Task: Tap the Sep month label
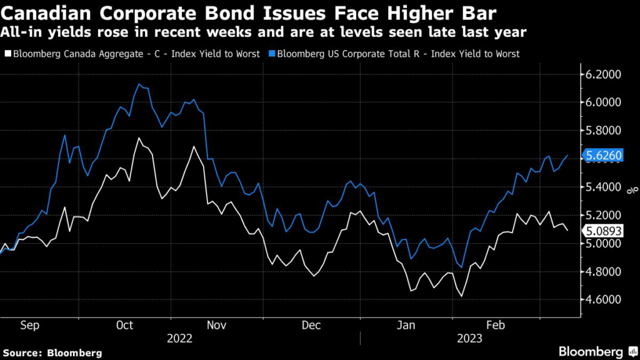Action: pyautogui.click(x=30, y=325)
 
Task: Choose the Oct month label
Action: pyautogui.click(x=124, y=325)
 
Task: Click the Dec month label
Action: pyautogui.click(x=311, y=325)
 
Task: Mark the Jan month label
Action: pyautogui.click(x=407, y=325)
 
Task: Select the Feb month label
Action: pyautogui.click(x=496, y=325)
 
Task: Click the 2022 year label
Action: pyautogui.click(x=180, y=338)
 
